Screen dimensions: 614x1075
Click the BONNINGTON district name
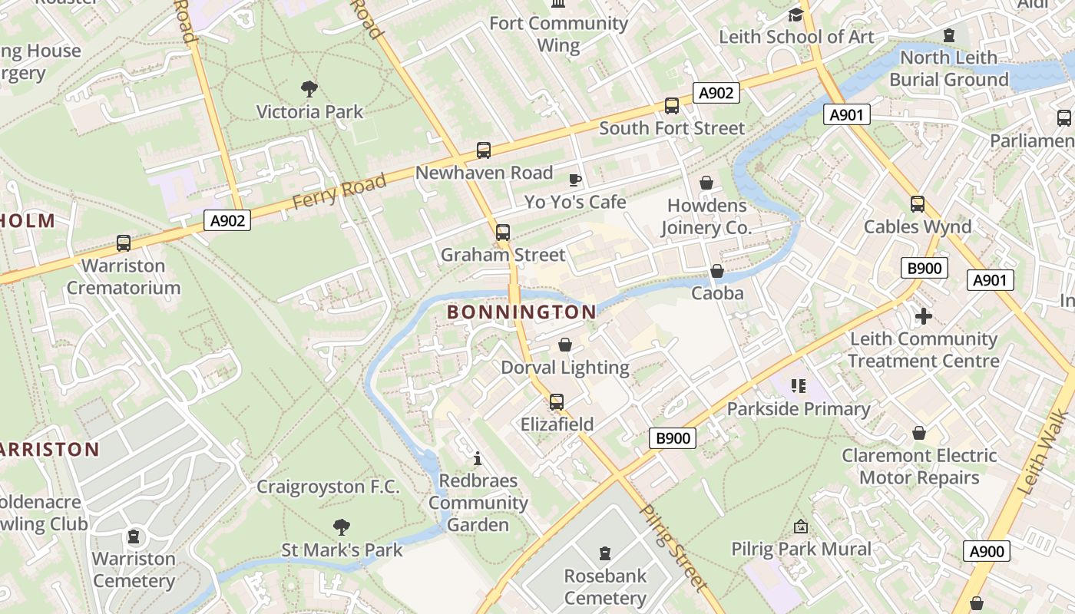coord(521,312)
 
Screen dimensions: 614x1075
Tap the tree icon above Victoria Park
coord(309,89)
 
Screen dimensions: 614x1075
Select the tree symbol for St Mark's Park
coord(342,527)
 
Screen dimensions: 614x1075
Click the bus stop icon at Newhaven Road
coord(483,150)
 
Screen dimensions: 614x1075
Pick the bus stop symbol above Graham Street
coord(503,232)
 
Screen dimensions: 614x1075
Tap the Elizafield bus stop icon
coord(557,402)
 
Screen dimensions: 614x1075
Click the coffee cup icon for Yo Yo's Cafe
coord(575,180)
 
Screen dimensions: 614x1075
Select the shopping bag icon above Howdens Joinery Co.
coord(706,183)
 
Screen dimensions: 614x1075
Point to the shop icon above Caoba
coord(717,271)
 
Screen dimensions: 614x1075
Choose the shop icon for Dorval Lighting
coord(565,345)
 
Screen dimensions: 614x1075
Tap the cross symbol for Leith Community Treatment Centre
coord(924,316)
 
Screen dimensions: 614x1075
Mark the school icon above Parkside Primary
coord(799,386)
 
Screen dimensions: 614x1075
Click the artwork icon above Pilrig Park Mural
coord(801,527)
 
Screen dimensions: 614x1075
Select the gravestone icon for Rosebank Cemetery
coord(605,553)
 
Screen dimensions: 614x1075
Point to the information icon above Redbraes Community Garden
coord(478,458)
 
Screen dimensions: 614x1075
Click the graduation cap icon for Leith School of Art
coord(795,15)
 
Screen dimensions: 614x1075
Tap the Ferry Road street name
coord(339,190)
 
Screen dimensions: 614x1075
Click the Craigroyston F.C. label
coord(328,487)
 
